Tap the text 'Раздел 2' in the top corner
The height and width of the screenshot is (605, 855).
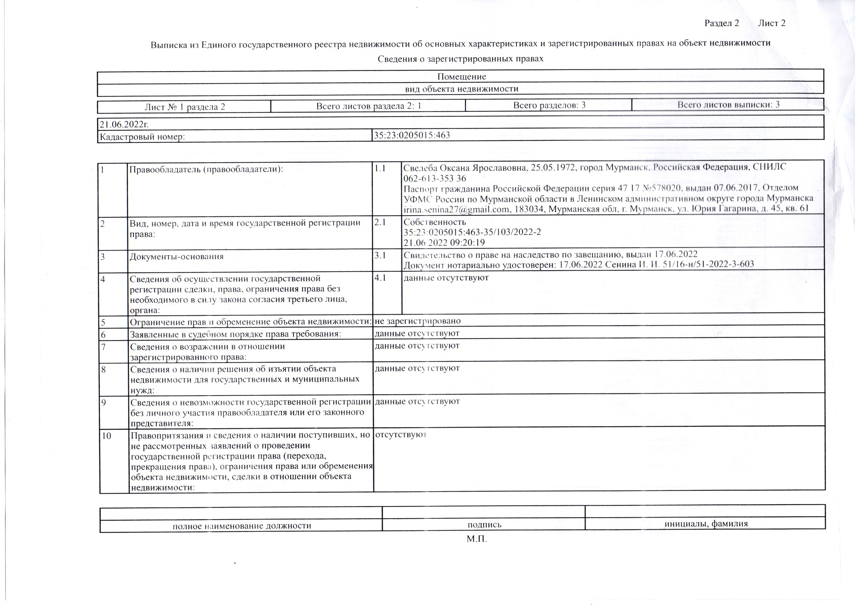point(722,23)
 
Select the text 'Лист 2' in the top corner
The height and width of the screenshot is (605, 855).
point(772,23)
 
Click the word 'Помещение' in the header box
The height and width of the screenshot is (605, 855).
point(462,77)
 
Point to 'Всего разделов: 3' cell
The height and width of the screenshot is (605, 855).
point(549,105)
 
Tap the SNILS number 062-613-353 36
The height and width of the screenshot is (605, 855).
point(435,179)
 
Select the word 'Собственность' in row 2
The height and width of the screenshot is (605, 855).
point(435,222)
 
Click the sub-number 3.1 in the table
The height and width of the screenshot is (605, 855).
point(380,255)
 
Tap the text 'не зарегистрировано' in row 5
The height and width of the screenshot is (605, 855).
point(418,321)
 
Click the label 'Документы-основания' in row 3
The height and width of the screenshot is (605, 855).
point(177,257)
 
